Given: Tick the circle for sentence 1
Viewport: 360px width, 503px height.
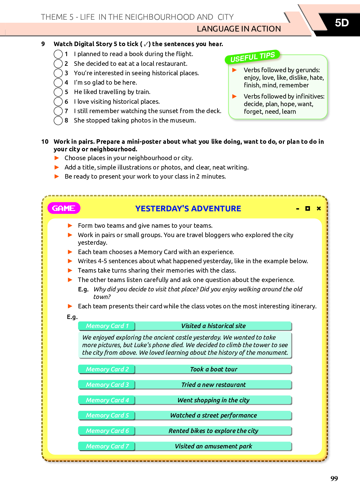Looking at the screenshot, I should (58, 54).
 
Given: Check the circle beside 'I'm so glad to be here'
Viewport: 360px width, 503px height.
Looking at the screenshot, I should (58, 82).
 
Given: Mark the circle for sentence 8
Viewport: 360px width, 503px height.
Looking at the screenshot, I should (58, 120).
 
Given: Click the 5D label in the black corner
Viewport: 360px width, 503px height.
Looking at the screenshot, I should (341, 23).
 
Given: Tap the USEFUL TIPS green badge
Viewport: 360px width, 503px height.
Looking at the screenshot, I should (252, 57).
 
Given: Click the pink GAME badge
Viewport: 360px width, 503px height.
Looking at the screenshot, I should (64, 208).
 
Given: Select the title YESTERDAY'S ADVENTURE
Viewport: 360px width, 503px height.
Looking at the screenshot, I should (188, 209).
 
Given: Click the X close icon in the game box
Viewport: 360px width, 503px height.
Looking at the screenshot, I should (319, 208).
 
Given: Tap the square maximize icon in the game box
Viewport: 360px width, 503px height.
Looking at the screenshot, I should (308, 208).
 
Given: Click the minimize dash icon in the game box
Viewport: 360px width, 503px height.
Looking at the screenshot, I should (298, 209).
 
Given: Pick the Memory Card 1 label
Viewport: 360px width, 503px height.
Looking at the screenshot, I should (107, 326).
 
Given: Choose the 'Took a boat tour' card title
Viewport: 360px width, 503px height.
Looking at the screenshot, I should (214, 369).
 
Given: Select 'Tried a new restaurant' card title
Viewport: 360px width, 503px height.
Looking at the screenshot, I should (214, 385).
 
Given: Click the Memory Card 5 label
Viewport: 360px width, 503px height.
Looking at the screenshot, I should (107, 415).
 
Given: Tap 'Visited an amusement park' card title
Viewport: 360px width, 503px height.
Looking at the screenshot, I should (214, 446).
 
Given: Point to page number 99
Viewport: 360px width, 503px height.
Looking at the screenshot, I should (334, 478).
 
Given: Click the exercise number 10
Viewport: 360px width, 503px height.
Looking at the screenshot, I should (45, 142).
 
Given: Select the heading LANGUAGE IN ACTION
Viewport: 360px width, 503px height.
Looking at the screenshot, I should (239, 29).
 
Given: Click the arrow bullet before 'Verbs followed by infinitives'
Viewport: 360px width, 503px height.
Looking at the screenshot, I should (234, 96).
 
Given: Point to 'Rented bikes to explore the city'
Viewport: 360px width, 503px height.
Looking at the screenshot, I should (214, 431).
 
